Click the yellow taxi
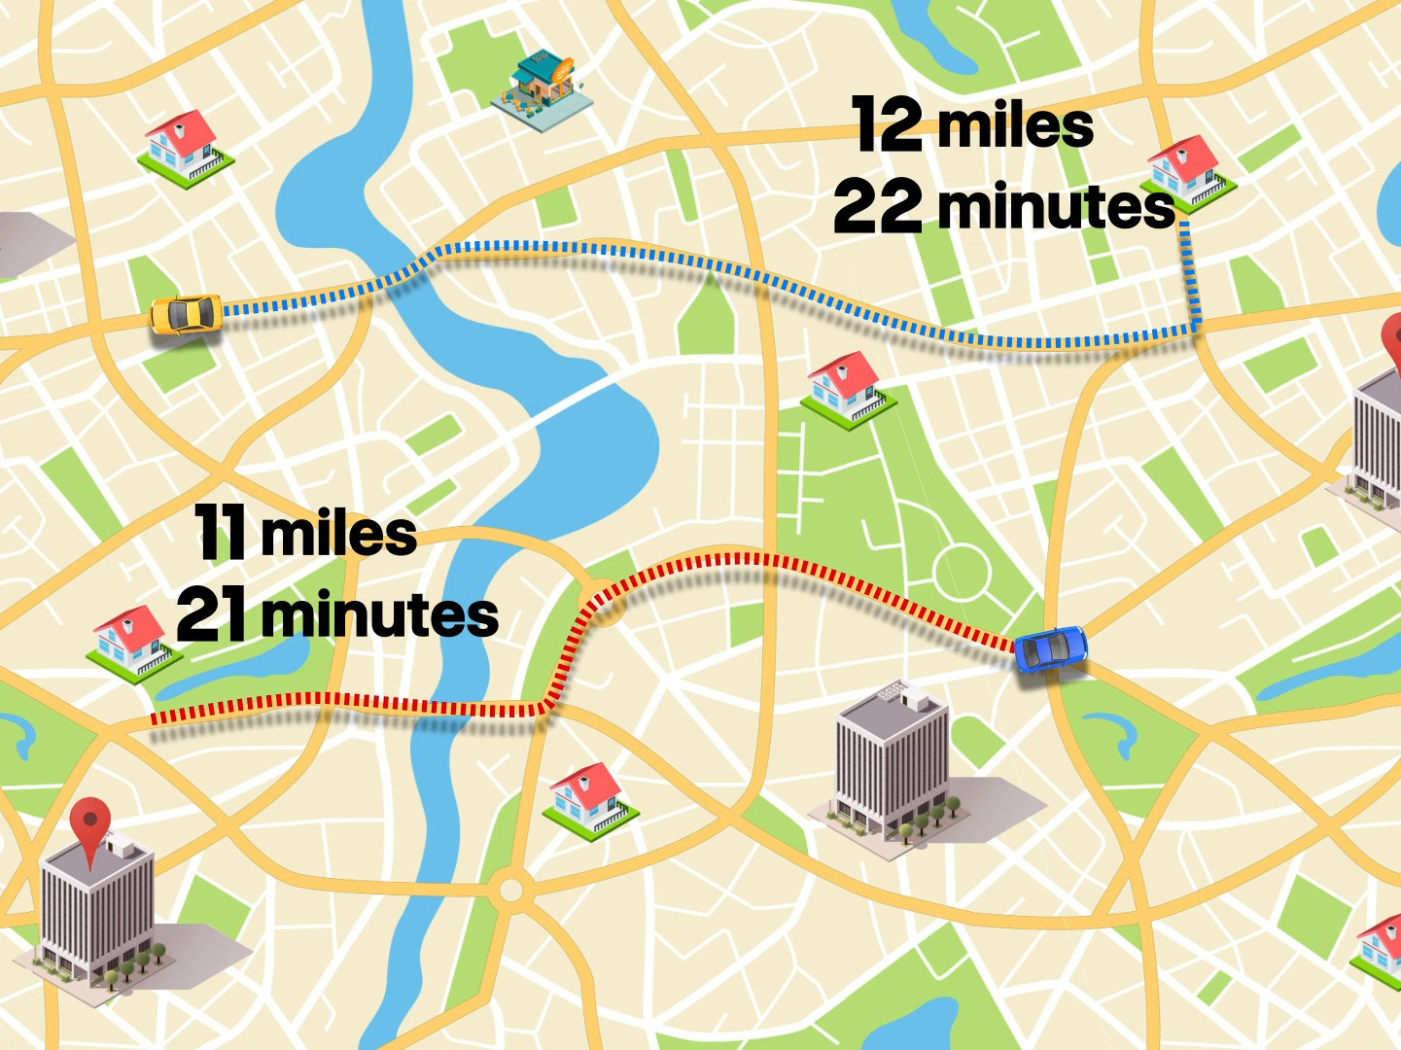187,314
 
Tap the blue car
1050,648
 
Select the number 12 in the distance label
887,124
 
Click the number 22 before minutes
877,206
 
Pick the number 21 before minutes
211,614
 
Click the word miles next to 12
1015,126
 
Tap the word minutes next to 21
379,614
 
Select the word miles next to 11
338,534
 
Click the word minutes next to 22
1056,206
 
